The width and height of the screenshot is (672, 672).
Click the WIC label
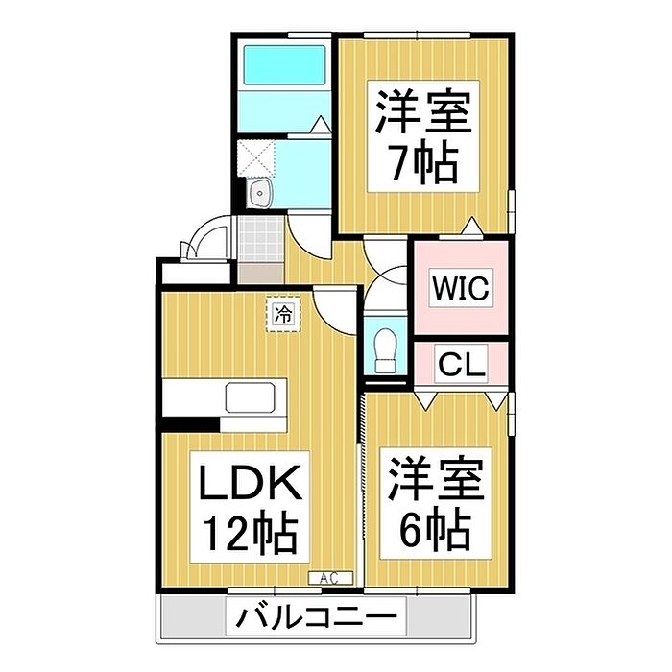coord(461,287)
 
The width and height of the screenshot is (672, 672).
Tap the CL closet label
coord(462,365)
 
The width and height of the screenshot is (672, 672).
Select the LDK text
coord(251,483)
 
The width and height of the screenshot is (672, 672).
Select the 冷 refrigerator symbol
coord(283,313)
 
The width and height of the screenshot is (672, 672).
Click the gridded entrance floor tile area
coord(257,240)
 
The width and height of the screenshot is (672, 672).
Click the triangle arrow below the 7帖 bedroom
coord(472,227)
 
